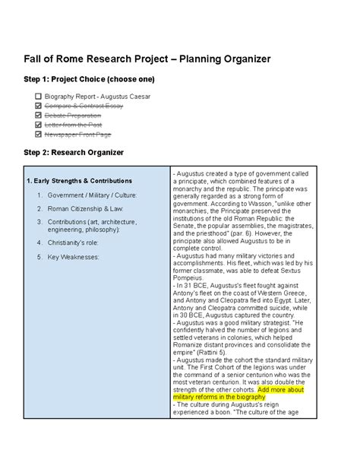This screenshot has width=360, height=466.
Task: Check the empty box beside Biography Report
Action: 38,97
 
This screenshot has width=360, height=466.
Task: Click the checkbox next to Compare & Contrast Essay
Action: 38,106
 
